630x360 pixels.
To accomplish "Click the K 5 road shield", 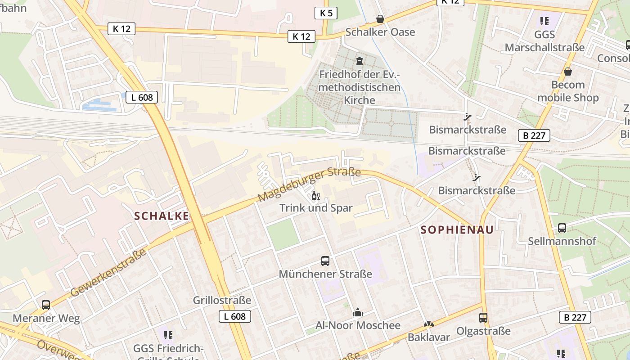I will point(326,13).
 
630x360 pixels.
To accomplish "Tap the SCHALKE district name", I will point(162,216).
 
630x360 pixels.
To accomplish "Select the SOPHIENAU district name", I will point(457,230).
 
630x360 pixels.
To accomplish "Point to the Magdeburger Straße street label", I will point(309,185).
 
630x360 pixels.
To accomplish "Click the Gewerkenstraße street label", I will point(108,273).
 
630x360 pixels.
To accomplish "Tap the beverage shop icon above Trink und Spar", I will point(316,196).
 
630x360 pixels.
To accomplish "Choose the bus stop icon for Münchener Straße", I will point(325,261).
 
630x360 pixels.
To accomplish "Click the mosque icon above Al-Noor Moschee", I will point(358,313).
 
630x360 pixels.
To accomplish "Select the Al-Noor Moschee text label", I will point(358,325).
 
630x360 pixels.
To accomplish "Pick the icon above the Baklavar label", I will point(429,324).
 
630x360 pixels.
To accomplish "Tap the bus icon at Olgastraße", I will point(483,318).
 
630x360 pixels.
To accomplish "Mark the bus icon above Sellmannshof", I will point(562,228).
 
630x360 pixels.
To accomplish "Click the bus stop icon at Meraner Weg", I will point(46,305).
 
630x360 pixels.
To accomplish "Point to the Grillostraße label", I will point(222,300).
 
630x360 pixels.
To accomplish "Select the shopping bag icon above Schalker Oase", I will point(380,19).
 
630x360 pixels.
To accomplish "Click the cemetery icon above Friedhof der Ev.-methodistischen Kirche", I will point(359,61).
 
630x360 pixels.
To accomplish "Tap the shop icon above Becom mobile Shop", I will point(568,72).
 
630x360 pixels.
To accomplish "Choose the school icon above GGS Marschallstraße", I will point(544,21).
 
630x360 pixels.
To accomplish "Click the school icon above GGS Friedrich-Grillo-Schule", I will point(168,335).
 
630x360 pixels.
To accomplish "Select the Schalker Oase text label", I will point(380,32).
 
